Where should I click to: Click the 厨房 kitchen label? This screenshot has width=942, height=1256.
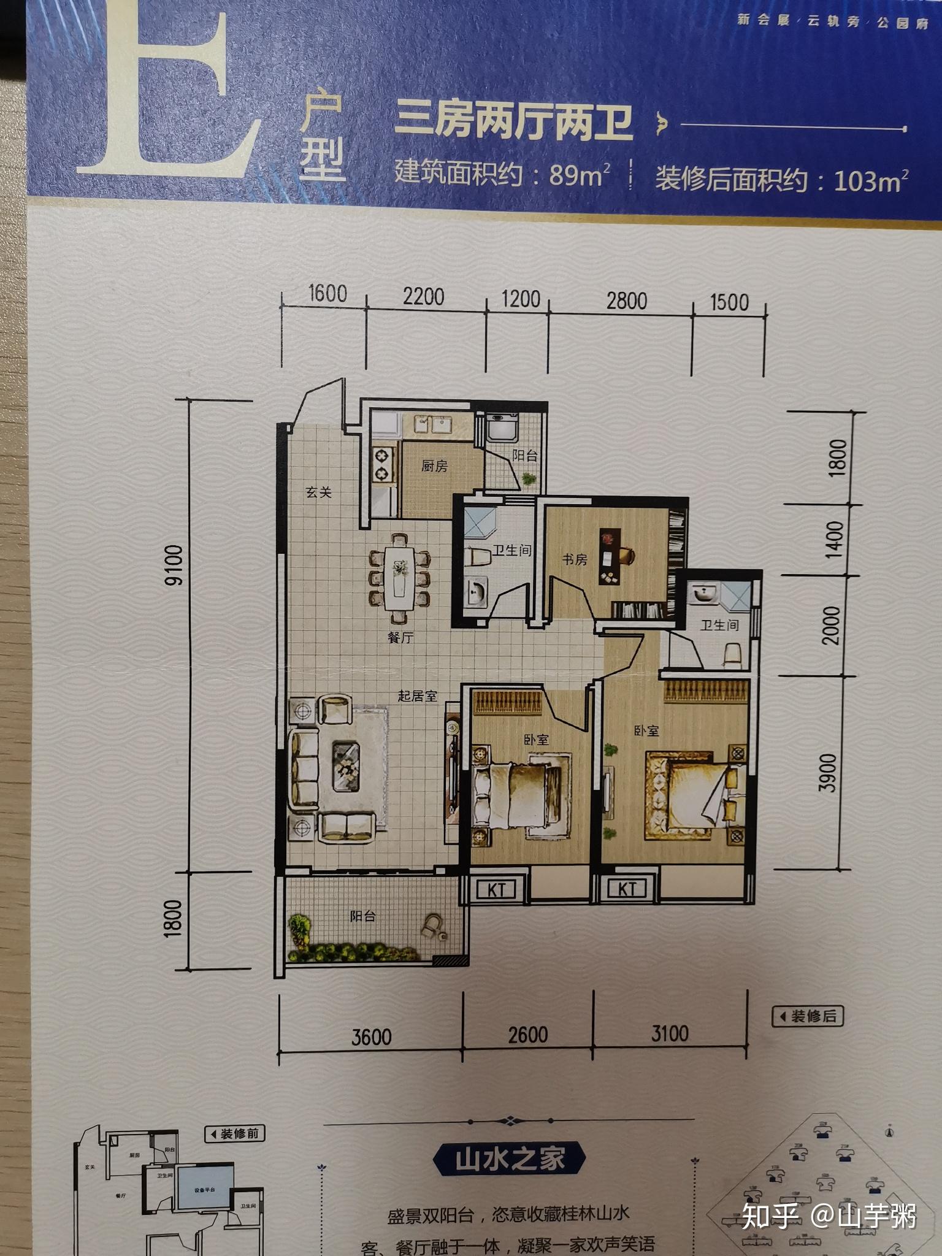click(x=434, y=466)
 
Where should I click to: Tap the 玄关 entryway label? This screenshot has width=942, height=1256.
click(x=319, y=492)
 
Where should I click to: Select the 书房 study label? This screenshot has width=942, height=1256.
click(x=575, y=559)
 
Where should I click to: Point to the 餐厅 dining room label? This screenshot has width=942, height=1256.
click(x=400, y=638)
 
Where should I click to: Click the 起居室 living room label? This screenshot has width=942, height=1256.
click(x=417, y=695)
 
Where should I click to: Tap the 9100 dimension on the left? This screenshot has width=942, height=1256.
click(x=174, y=564)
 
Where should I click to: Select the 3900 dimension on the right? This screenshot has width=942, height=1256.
click(x=828, y=773)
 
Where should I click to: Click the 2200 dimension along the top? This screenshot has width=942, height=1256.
click(x=423, y=297)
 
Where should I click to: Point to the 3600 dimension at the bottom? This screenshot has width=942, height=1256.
click(x=371, y=1036)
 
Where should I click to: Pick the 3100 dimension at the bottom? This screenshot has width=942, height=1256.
click(x=670, y=1033)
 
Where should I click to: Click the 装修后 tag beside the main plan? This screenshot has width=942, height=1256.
click(x=808, y=1016)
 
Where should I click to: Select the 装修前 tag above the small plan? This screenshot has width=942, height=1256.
click(x=234, y=1133)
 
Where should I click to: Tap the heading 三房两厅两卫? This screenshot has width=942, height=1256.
click(x=514, y=121)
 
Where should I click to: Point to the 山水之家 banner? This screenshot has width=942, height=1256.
click(x=509, y=1160)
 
